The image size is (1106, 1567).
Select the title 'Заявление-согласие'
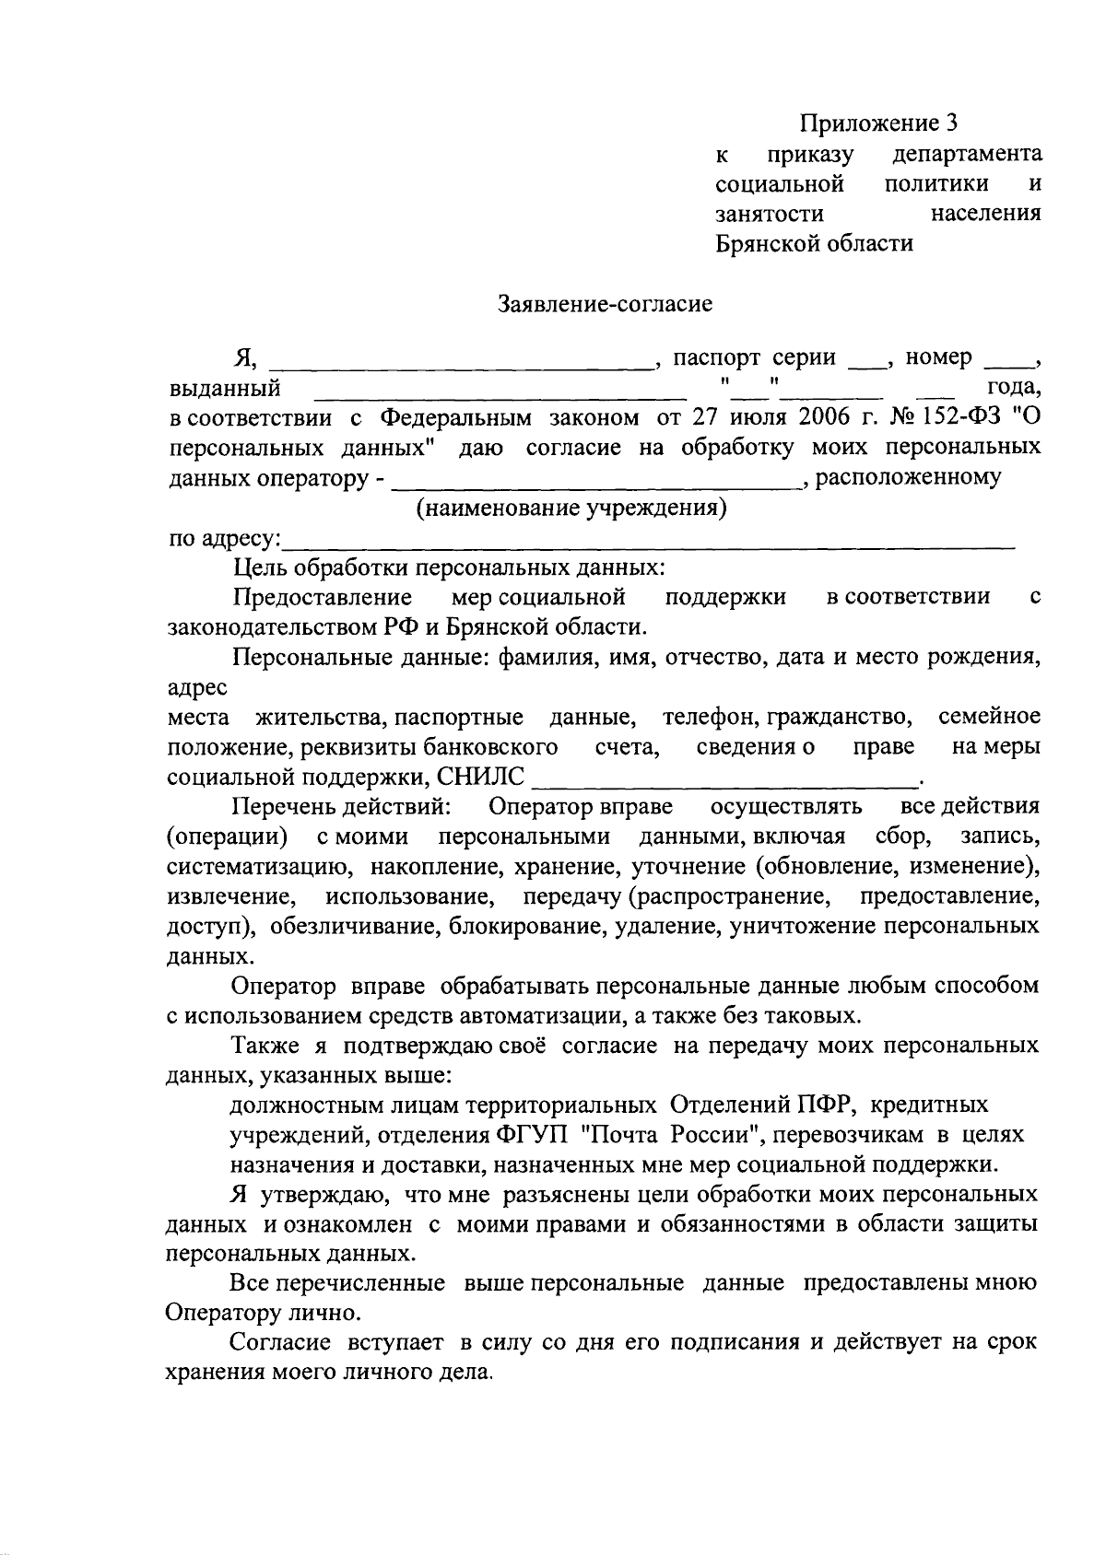tap(606, 303)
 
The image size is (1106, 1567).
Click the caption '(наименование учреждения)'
tap(571, 509)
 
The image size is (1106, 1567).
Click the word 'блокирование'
tap(524, 926)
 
